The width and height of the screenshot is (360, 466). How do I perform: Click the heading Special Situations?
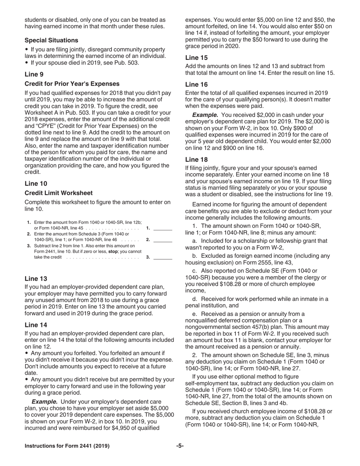[52, 40]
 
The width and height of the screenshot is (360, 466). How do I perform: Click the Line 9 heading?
[34, 74]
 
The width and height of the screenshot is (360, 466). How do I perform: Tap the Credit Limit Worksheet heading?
[58, 193]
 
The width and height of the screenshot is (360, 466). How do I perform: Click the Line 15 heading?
[196, 58]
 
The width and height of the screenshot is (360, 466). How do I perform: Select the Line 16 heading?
[196, 84]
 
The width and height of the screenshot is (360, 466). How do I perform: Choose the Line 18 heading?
[196, 160]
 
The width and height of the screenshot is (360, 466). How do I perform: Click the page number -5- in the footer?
[180, 446]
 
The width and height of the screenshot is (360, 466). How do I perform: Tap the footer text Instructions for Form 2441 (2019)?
[67, 446]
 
